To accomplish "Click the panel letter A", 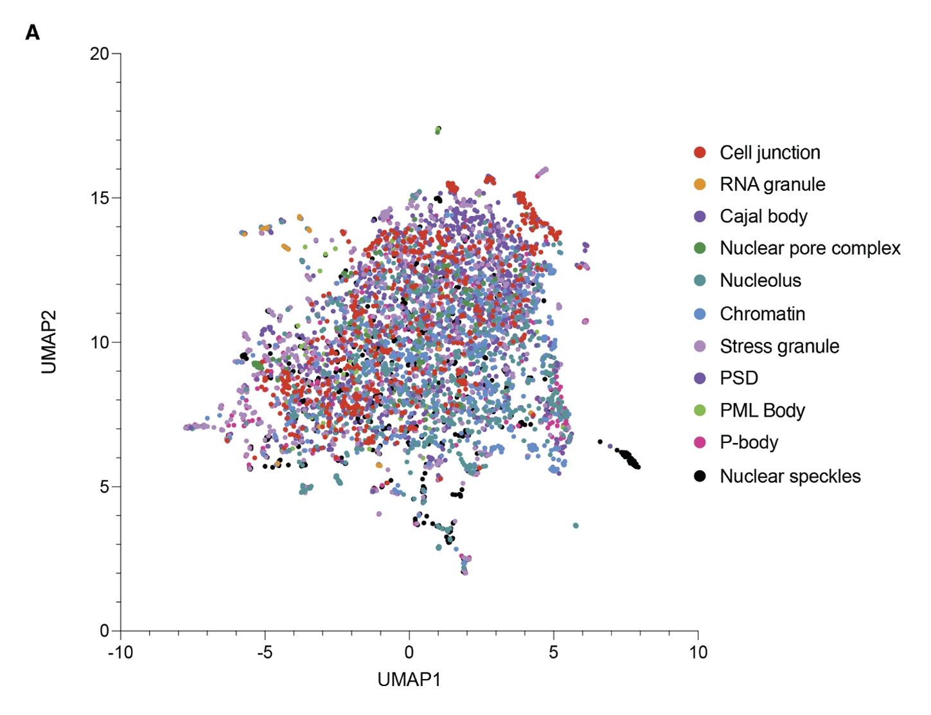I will tap(33, 32).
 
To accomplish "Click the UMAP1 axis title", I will tap(409, 680).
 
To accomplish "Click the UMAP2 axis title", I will tap(49, 341).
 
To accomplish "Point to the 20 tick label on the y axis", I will tap(100, 53).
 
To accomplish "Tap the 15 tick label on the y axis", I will tap(100, 198).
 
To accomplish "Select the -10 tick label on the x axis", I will tap(120, 652).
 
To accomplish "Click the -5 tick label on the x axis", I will tap(265, 652).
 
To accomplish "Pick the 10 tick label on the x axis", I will tap(698, 652).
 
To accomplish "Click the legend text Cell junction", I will tap(770, 152).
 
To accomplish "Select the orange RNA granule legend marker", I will tap(700, 185).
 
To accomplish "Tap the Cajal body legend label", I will tap(763, 216).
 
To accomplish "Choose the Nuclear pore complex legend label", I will tap(810, 248).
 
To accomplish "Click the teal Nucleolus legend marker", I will tap(700, 280).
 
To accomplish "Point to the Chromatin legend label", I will tap(762, 314).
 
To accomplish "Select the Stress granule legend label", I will tap(779, 346).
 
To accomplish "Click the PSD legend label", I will tap(739, 378).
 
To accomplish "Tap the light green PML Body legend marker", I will tap(700, 410).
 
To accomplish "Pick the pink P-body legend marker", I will tap(700, 442).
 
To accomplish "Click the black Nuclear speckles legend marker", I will tap(700, 476).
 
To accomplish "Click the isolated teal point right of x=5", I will tap(576, 526).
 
